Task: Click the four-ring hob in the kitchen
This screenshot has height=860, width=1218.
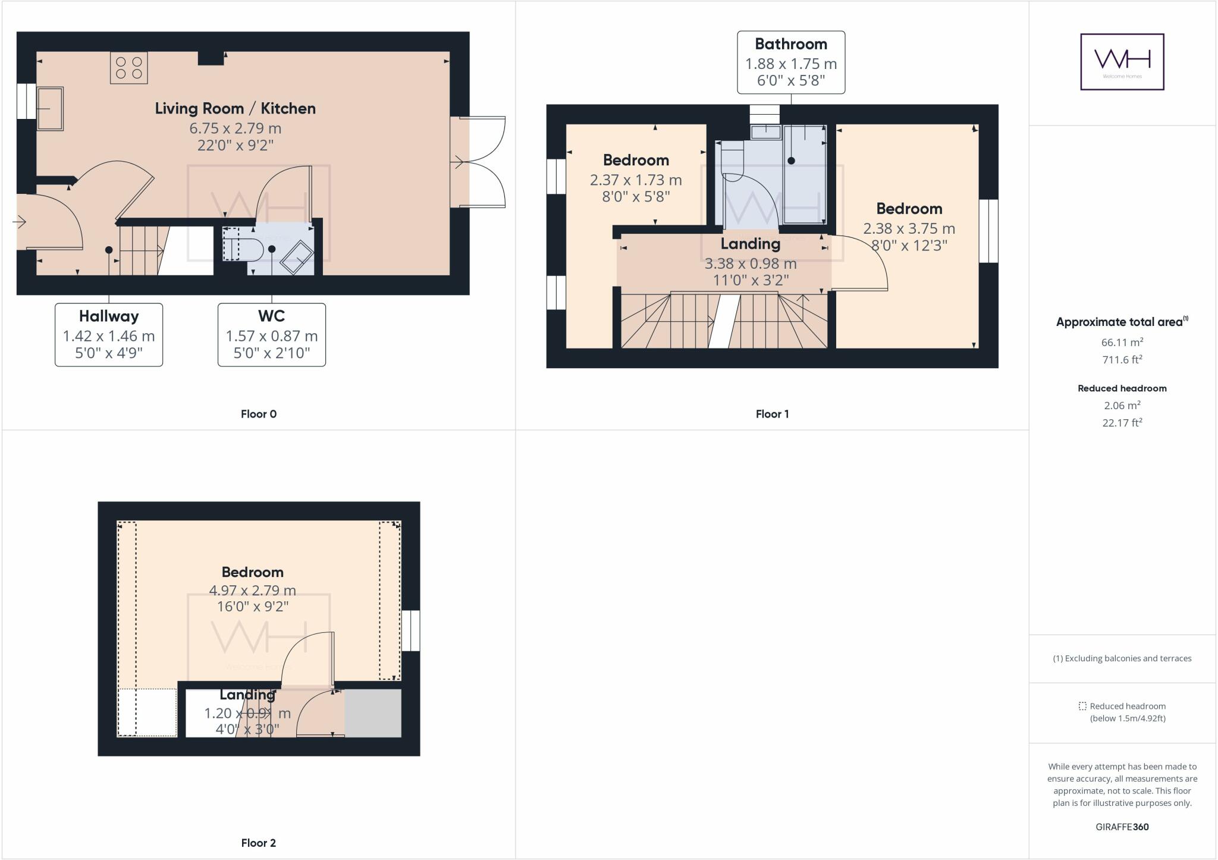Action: point(128,68)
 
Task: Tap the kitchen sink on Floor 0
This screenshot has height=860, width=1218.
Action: point(51,109)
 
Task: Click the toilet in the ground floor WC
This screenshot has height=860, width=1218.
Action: point(244,250)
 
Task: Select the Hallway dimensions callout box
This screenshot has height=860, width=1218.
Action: point(109,335)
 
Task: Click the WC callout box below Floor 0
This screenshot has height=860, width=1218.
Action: point(272,335)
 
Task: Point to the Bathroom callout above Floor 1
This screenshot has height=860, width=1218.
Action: point(791,62)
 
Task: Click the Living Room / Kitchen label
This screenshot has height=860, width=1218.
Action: point(236,108)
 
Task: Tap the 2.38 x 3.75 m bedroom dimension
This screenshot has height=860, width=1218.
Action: point(909,228)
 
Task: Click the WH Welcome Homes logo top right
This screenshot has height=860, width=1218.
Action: point(1122,62)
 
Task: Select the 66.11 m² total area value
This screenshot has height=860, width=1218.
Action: point(1122,342)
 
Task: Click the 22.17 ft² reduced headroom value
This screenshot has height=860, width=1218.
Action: point(1122,423)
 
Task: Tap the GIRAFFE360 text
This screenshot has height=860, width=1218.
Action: point(1122,827)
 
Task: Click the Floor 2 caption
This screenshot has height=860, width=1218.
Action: point(258,843)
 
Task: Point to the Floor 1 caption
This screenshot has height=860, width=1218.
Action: point(772,414)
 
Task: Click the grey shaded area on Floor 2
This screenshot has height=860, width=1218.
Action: point(373,713)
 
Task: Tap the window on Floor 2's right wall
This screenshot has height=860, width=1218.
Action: point(411,630)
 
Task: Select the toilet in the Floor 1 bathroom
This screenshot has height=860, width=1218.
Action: point(732,161)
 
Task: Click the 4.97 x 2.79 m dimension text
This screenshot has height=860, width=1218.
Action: point(252,591)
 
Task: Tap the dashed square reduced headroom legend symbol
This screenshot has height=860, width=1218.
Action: point(1082,706)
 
